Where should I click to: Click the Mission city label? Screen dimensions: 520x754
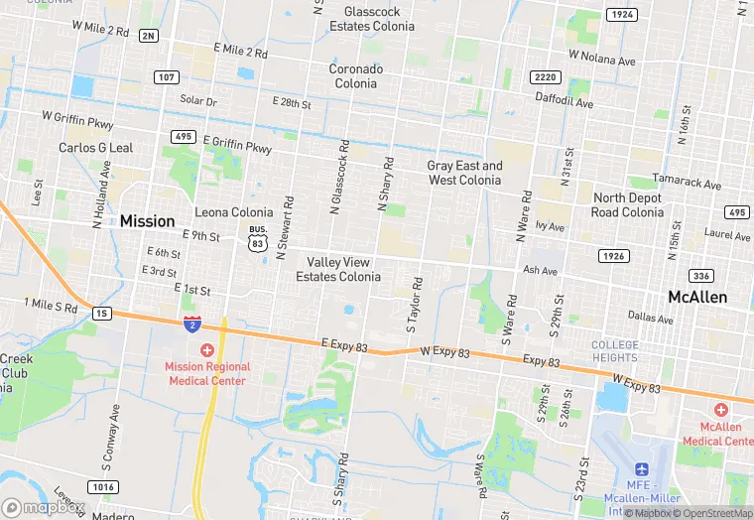click(147, 221)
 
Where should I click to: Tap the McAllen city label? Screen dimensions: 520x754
click(696, 297)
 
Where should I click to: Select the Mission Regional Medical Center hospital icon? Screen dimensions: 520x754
click(207, 350)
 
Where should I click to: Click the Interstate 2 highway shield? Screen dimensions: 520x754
click(192, 324)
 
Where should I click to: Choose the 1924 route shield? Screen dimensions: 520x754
click(621, 15)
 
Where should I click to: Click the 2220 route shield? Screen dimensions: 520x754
click(545, 76)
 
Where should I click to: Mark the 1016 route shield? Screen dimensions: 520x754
click(103, 486)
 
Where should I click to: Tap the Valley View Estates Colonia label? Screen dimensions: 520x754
click(337, 269)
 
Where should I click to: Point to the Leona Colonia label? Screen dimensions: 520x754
click(233, 212)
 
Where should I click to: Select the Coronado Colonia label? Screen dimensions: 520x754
click(353, 76)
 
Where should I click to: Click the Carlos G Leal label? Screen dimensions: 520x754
click(95, 148)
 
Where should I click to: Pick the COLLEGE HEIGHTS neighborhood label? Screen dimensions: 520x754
click(615, 351)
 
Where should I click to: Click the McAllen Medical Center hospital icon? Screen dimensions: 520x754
click(721, 410)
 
